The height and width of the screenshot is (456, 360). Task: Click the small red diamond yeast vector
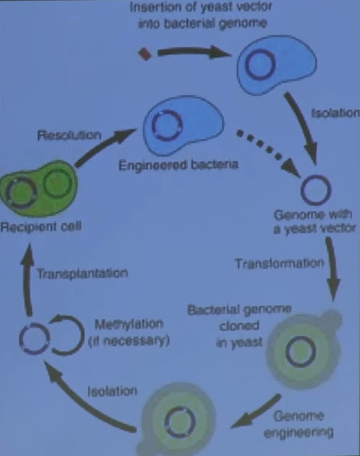144,54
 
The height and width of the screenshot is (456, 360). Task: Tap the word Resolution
69,135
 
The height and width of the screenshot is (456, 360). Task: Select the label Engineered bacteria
178,165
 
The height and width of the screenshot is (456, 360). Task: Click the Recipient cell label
41,227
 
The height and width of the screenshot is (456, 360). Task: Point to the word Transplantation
83,273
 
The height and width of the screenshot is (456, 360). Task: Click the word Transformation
279,263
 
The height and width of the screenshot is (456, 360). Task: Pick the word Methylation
129,324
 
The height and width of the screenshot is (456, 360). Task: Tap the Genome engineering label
298,424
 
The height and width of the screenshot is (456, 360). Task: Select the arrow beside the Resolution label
104,147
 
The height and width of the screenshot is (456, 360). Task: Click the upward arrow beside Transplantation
26,279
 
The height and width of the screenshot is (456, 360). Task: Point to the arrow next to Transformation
332,268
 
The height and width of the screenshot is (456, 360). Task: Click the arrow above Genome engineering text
255,411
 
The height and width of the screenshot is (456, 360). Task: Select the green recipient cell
39,188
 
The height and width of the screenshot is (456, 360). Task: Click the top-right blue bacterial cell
276,65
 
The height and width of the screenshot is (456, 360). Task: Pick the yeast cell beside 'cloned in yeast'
304,349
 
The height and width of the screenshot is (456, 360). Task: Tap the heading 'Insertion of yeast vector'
201,7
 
